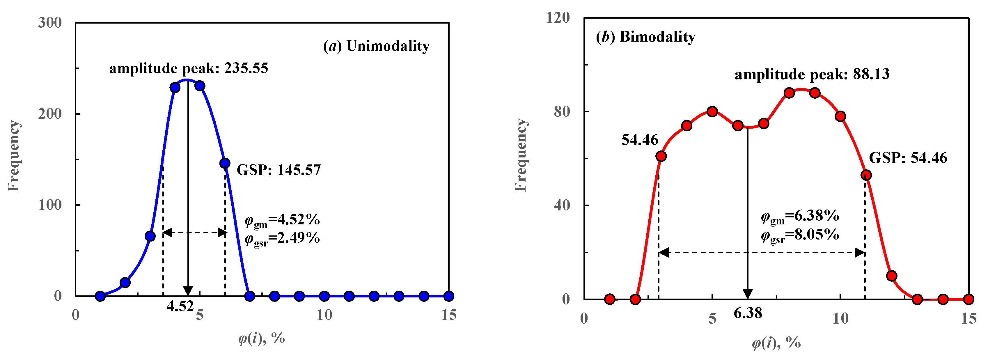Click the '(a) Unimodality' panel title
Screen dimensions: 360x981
pyautogui.click(x=376, y=46)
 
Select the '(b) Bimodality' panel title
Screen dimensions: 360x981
pyautogui.click(x=645, y=37)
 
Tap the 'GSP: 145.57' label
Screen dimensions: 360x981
pyautogui.click(x=278, y=170)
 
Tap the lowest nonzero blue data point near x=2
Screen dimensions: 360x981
pyautogui.click(x=125, y=283)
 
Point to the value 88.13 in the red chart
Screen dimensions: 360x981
pyautogui.click(x=871, y=74)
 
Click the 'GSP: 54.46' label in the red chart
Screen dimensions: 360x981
pyautogui.click(x=908, y=158)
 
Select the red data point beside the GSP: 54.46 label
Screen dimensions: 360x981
pyautogui.click(x=866, y=175)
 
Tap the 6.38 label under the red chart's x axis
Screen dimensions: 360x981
pyautogui.click(x=748, y=313)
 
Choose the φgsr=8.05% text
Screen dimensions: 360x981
pyautogui.click(x=800, y=235)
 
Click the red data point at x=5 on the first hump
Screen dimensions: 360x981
pyautogui.click(x=712, y=112)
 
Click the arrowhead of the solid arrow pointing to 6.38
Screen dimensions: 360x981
pyautogui.click(x=748, y=294)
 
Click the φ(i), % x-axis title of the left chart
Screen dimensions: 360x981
pyautogui.click(x=262, y=338)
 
